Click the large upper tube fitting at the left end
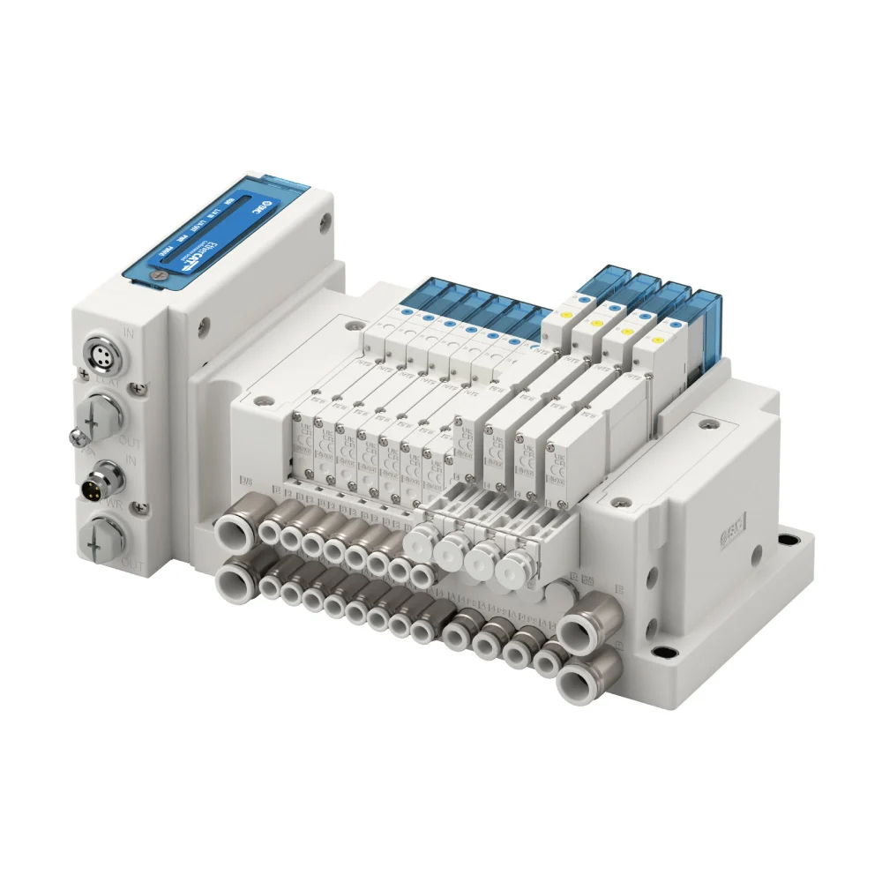(233, 533)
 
